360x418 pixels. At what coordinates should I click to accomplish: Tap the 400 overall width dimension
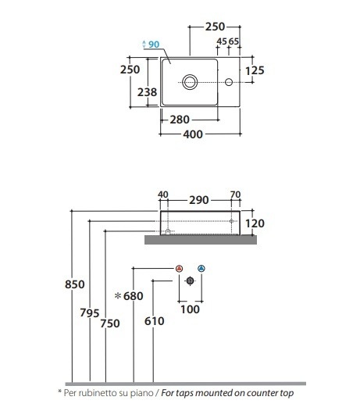[193, 134]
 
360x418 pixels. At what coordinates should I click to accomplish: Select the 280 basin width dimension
[180, 120]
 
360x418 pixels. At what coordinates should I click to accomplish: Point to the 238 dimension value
[147, 92]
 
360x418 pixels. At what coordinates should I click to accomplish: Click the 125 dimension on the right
[255, 70]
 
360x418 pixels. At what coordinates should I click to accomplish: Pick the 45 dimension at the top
[222, 41]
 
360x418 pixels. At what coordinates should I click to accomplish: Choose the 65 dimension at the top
[233, 41]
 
